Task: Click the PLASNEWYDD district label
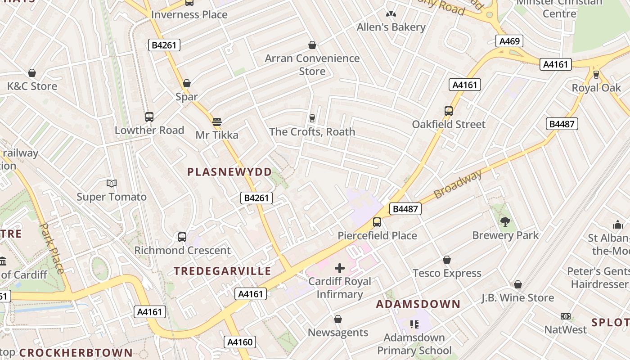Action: (229, 172)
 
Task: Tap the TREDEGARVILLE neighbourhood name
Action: (223, 271)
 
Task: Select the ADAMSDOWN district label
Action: (418, 304)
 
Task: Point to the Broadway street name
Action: (458, 184)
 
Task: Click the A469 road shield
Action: (509, 41)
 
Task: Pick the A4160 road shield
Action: (240, 342)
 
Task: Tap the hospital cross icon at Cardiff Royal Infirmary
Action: (340, 269)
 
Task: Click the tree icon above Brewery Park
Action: (505, 221)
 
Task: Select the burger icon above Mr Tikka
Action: (217, 121)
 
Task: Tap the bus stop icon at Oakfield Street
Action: (448, 111)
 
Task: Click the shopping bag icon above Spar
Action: (187, 83)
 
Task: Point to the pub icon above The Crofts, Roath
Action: (312, 118)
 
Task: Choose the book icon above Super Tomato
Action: (112, 183)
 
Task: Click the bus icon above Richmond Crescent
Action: (182, 237)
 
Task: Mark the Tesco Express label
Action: (447, 273)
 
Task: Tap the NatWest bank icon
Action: (566, 316)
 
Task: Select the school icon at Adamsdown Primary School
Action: (414, 324)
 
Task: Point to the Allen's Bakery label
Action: (391, 27)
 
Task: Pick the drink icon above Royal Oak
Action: (596, 74)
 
